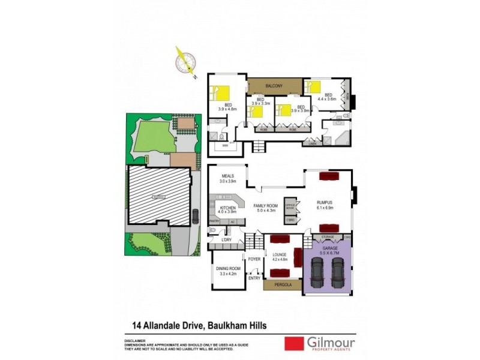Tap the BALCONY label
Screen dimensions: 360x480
tap(275, 86)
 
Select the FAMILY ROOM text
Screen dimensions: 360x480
tap(267, 205)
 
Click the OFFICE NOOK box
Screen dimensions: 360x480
tap(291, 205)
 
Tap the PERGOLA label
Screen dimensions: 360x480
tap(282, 285)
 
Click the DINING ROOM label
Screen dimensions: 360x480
tap(228, 268)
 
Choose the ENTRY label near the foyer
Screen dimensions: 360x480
tap(254, 278)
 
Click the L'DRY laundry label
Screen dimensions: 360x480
tap(227, 240)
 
